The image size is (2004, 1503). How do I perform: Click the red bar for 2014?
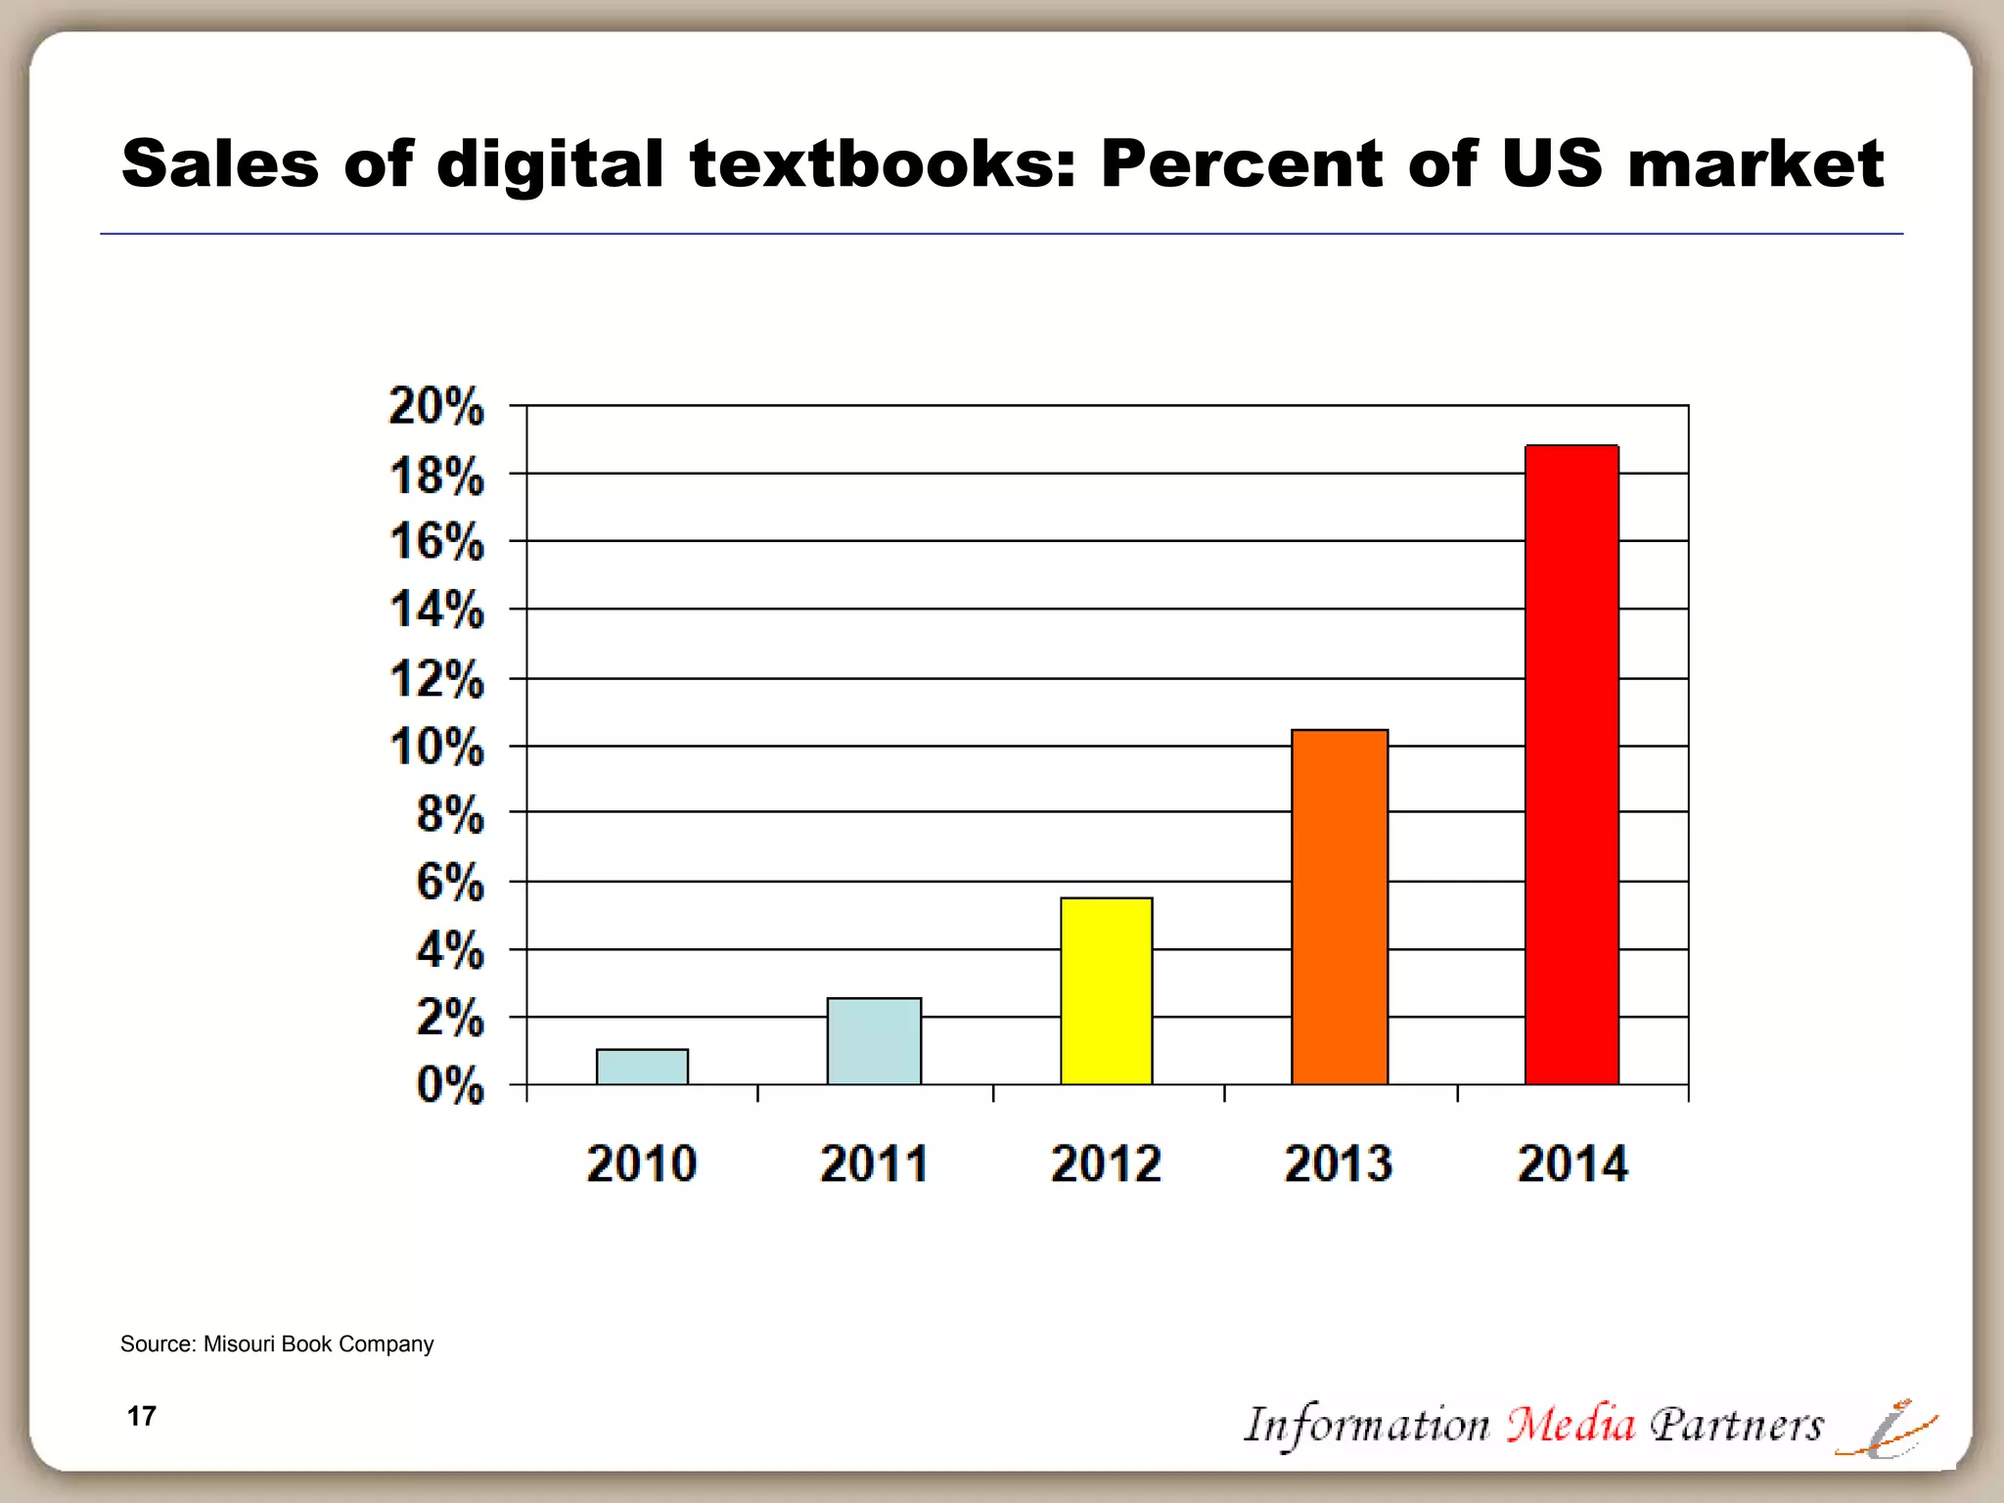1571,764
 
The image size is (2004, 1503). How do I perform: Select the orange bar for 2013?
1340,907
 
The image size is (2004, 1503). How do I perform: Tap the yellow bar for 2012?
1107,990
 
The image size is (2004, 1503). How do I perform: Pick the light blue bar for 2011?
874,1041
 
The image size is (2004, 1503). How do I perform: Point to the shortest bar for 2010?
642,1067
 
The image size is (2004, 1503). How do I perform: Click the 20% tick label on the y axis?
436,406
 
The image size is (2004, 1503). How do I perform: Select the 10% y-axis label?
436,748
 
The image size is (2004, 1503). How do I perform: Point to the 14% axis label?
436,611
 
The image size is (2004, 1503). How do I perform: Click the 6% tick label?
450,883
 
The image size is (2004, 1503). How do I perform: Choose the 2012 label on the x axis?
1106,1164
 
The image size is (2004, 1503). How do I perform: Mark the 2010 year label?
642,1164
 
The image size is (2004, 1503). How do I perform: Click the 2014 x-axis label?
1572,1164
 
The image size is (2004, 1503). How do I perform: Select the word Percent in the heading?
1241,163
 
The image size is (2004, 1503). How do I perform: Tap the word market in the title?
1755,163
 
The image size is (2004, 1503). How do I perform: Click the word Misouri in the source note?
239,1344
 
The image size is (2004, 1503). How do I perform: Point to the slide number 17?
142,1417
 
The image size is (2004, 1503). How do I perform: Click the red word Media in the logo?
1571,1425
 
